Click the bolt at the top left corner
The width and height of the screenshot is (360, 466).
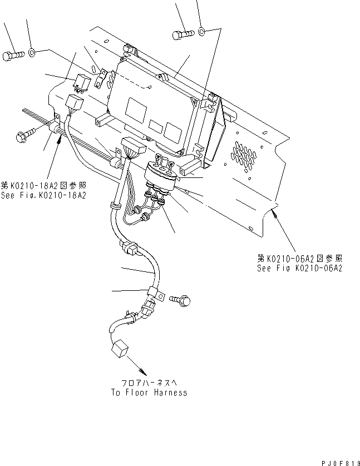(13, 55)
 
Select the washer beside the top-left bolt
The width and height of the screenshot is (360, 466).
(32, 52)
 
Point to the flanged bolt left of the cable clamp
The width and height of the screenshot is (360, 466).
(26, 133)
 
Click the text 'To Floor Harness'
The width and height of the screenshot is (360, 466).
(148, 393)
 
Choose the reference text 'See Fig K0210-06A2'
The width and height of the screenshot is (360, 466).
(299, 267)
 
